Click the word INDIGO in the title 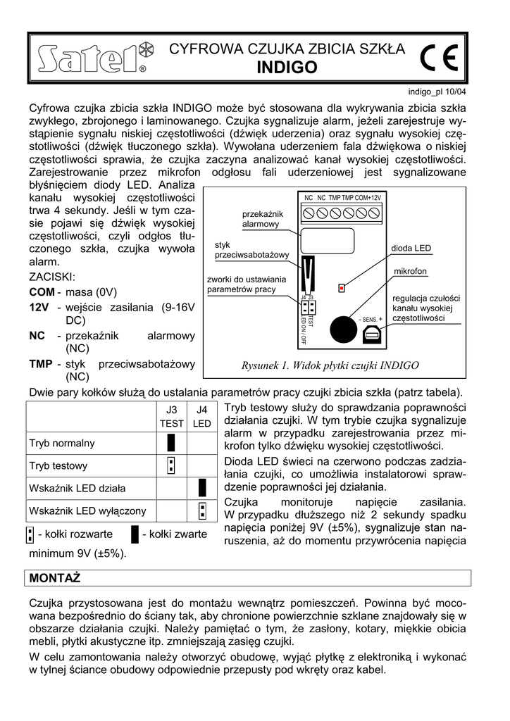[287, 68]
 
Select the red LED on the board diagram [342, 287]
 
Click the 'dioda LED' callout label [411, 249]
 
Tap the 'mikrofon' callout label [411, 271]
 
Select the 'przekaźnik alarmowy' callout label [261, 218]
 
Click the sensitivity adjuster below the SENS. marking [371, 335]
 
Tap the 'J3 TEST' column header [171, 416]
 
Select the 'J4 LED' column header [201, 416]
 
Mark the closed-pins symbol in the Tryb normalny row [171, 443]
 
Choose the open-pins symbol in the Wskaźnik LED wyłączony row [201, 510]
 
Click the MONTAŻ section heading [55, 578]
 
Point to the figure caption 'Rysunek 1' [330, 365]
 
